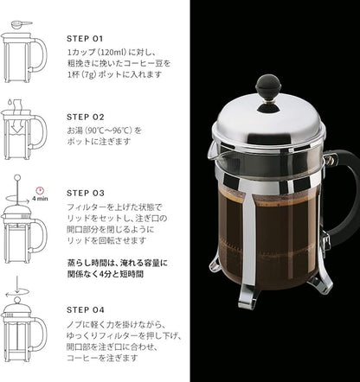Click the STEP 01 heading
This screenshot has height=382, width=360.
coord(85,38)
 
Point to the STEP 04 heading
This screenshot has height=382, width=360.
coord(86,307)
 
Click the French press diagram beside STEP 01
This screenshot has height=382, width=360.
coord(24,54)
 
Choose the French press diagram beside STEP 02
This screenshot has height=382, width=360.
coord(24,137)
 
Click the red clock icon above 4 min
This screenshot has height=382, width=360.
coord(41,189)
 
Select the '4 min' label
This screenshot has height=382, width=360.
coord(41,199)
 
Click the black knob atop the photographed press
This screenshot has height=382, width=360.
coord(267,85)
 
